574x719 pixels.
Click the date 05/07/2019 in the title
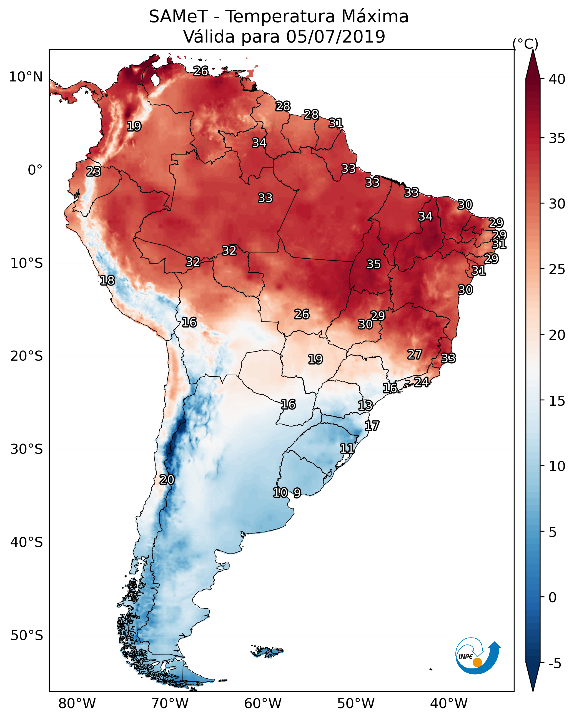(x=335, y=36)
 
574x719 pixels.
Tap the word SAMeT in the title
(x=178, y=16)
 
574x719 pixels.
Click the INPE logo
(x=478, y=657)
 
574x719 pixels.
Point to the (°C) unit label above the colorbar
(x=525, y=44)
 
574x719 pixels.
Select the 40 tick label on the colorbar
(x=557, y=79)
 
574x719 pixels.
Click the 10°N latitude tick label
(x=26, y=77)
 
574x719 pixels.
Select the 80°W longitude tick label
(x=77, y=704)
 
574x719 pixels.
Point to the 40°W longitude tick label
(x=449, y=704)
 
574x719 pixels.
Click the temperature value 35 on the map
(x=374, y=264)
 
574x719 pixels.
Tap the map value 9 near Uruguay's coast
(x=297, y=493)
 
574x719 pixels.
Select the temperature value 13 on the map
(x=365, y=406)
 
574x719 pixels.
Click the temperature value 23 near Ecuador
(x=94, y=172)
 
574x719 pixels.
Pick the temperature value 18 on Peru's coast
(x=107, y=281)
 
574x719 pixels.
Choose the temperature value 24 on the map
(x=422, y=382)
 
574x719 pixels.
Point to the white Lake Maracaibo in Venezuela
(x=155, y=79)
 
